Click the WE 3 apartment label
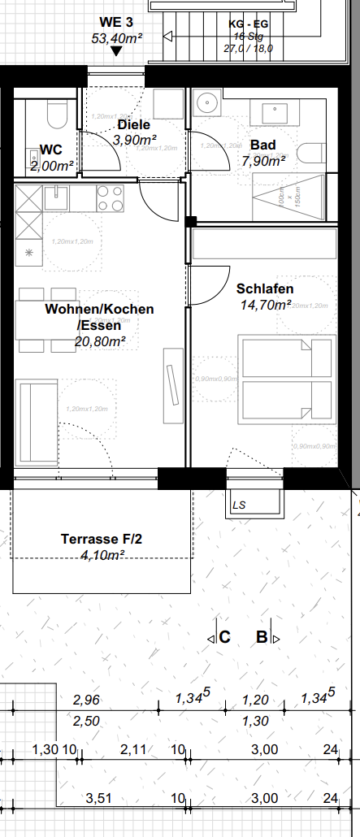[x=116, y=22]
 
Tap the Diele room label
[x=134, y=125]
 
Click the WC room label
[x=51, y=150]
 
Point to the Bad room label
[x=263, y=145]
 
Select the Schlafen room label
[x=265, y=288]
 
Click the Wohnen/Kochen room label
[x=99, y=310]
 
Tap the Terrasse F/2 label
[x=102, y=539]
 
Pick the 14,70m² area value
[x=266, y=305]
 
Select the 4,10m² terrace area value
[x=102, y=555]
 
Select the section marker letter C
[x=224, y=637]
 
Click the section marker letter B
[x=262, y=637]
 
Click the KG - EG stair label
[x=248, y=24]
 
